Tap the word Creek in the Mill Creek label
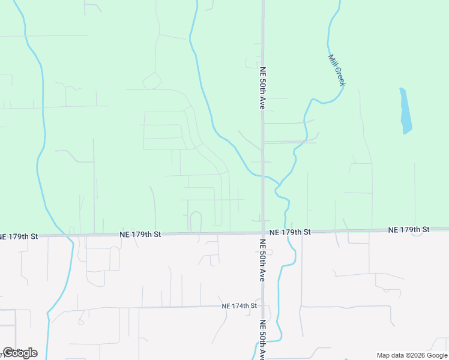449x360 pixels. click(339, 76)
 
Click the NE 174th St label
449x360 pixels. click(239, 306)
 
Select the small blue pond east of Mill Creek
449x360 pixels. click(406, 112)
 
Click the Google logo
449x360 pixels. click(20, 353)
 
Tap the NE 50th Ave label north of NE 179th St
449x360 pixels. click(262, 88)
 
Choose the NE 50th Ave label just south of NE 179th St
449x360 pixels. click(262, 260)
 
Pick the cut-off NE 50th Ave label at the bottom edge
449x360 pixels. click(262, 340)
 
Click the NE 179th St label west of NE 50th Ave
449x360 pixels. click(140, 233)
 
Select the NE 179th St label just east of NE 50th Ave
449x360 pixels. click(290, 232)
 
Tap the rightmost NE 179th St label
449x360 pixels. click(409, 230)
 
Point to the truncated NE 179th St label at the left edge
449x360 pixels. click(19, 236)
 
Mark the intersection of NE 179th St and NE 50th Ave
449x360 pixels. click(262, 233)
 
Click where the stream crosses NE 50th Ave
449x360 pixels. click(262, 176)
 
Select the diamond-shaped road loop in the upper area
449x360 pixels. click(152, 80)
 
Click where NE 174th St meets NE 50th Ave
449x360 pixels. click(262, 306)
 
